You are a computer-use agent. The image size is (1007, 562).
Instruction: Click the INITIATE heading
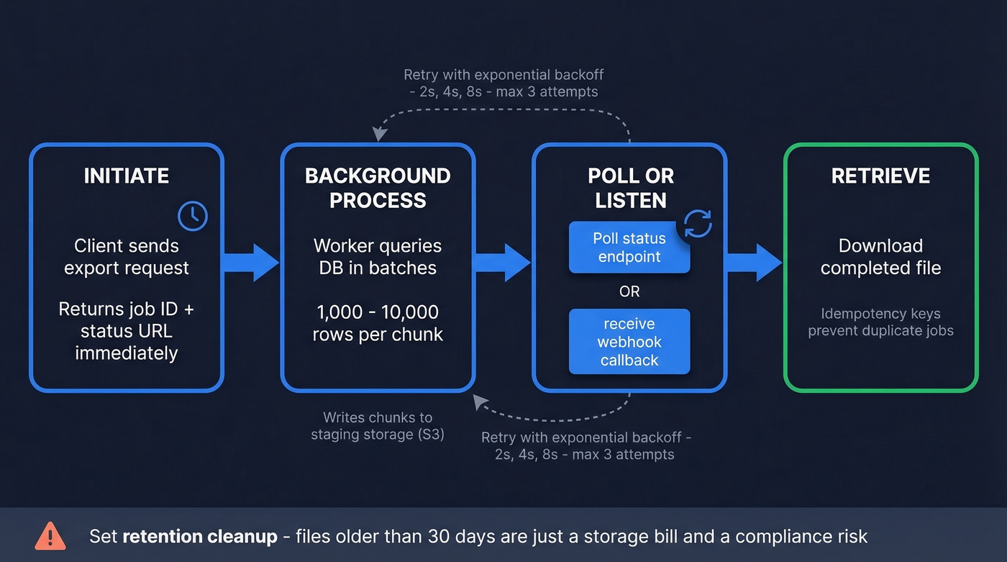pos(127,176)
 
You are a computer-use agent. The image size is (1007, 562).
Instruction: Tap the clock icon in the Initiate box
pos(193,216)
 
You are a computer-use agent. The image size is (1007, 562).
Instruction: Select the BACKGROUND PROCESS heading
pos(378,188)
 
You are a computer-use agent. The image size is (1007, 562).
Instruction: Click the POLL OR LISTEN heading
pos(630,188)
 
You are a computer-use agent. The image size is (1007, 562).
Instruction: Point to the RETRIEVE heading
pos(880,176)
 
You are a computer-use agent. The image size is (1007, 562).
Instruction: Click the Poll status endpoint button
pos(629,248)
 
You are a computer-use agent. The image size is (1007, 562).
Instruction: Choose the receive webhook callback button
pos(629,342)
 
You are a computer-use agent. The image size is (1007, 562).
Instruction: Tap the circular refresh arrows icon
pos(697,224)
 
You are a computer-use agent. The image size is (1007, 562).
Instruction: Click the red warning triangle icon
pos(50,536)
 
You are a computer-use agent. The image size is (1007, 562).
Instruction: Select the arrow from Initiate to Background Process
pos(251,262)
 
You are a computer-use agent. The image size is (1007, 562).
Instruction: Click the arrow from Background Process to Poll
pos(503,262)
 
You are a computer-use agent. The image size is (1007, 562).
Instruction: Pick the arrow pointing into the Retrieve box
pos(754,262)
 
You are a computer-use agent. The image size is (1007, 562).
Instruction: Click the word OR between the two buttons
pos(629,291)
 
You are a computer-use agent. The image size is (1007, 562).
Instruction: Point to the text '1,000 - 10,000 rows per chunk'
pos(378,323)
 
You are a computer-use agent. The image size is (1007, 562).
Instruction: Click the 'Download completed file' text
pos(880,257)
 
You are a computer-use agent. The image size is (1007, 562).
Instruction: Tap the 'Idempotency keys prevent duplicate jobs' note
pos(880,322)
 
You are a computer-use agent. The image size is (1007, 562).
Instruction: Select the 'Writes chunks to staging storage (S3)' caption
pos(377,426)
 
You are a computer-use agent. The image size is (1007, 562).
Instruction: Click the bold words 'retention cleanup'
pos(200,536)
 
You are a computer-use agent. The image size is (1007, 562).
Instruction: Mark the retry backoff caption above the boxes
pos(503,83)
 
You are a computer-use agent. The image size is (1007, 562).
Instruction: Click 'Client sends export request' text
pos(127,257)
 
